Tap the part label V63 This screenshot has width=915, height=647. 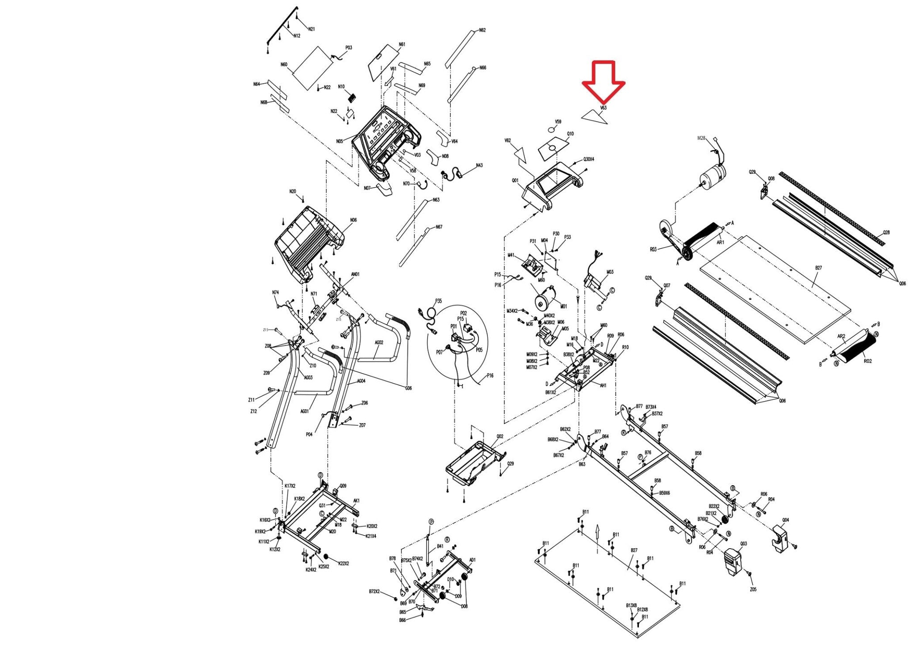pyautogui.click(x=603, y=108)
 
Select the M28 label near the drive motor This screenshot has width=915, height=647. pyautogui.click(x=701, y=139)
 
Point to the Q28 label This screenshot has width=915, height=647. pyautogui.click(x=886, y=233)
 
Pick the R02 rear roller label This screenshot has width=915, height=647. pyautogui.click(x=867, y=361)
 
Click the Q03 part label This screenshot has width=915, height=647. pyautogui.click(x=743, y=544)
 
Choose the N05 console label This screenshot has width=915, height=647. pyautogui.click(x=340, y=141)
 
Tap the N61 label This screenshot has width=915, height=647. pyautogui.click(x=402, y=45)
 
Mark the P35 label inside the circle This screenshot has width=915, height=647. pyautogui.click(x=438, y=301)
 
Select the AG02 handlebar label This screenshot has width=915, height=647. pyautogui.click(x=379, y=343)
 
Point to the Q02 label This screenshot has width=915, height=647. pyautogui.click(x=500, y=437)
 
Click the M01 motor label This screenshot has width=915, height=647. pyautogui.click(x=563, y=307)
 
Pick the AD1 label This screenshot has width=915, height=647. pyautogui.click(x=473, y=560)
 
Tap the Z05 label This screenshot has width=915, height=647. pyautogui.click(x=753, y=589)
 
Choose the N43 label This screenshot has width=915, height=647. pyautogui.click(x=479, y=165)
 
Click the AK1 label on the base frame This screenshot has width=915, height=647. pyautogui.click(x=356, y=500)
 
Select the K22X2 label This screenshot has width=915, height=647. pyautogui.click(x=344, y=563)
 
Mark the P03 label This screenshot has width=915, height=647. pyautogui.click(x=348, y=48)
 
